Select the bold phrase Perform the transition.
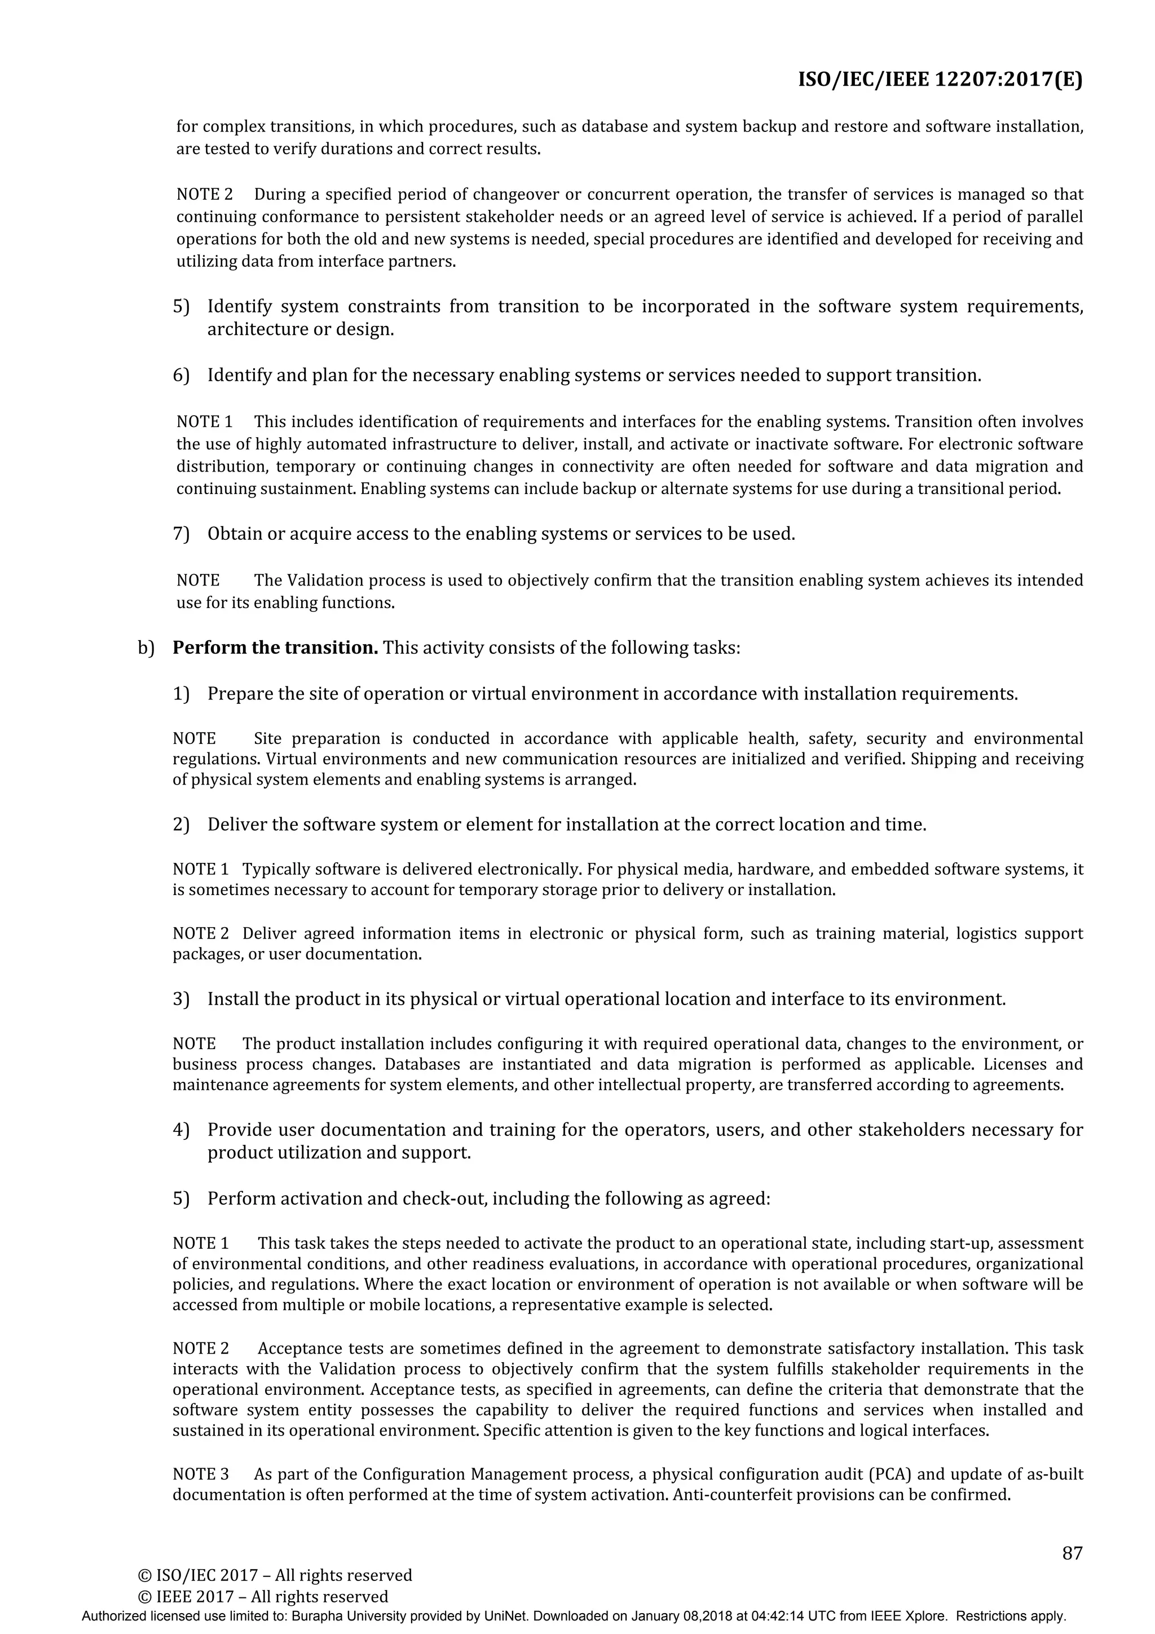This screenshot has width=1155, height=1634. [x=275, y=648]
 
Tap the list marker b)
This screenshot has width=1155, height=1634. [x=146, y=648]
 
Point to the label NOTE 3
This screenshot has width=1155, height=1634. [x=201, y=1474]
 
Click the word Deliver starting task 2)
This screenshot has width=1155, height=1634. [x=237, y=825]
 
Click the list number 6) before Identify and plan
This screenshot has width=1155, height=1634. [x=182, y=375]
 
